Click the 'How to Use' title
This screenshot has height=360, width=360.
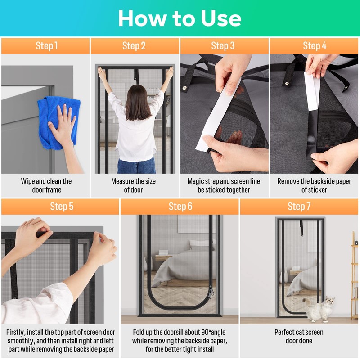point(180,18)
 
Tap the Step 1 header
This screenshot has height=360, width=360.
point(47,46)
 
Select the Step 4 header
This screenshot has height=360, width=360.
point(315,46)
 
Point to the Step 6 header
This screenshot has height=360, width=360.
point(180,207)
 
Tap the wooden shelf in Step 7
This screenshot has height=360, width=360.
point(355,275)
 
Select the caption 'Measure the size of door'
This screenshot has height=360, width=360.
point(133,185)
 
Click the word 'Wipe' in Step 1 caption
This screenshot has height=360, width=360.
point(28,181)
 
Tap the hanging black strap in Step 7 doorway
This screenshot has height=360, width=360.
point(301,228)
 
